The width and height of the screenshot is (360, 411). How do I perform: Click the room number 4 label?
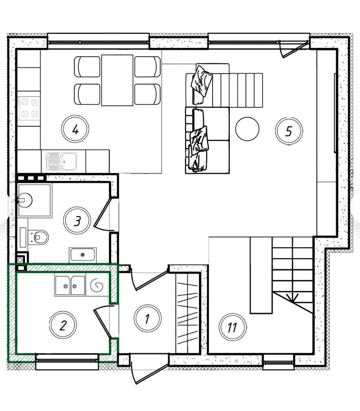(75, 129)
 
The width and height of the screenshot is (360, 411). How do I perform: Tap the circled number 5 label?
(289, 131)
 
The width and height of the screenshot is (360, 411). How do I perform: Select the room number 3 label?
(77, 221)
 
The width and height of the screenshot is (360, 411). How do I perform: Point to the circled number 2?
(63, 325)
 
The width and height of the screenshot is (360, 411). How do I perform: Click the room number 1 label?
(148, 319)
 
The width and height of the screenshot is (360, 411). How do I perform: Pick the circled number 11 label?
(233, 327)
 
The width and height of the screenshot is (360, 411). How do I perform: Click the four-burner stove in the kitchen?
(29, 108)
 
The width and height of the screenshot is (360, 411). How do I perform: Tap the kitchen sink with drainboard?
(62, 161)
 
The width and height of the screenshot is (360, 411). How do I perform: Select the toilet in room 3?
(38, 237)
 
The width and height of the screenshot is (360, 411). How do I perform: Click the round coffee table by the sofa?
(247, 129)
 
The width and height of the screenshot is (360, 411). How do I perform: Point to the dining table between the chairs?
(117, 80)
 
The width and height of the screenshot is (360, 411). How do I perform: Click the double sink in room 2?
(70, 286)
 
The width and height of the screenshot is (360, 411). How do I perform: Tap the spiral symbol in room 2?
(96, 286)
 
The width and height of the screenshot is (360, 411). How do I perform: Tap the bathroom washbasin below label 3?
(83, 255)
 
